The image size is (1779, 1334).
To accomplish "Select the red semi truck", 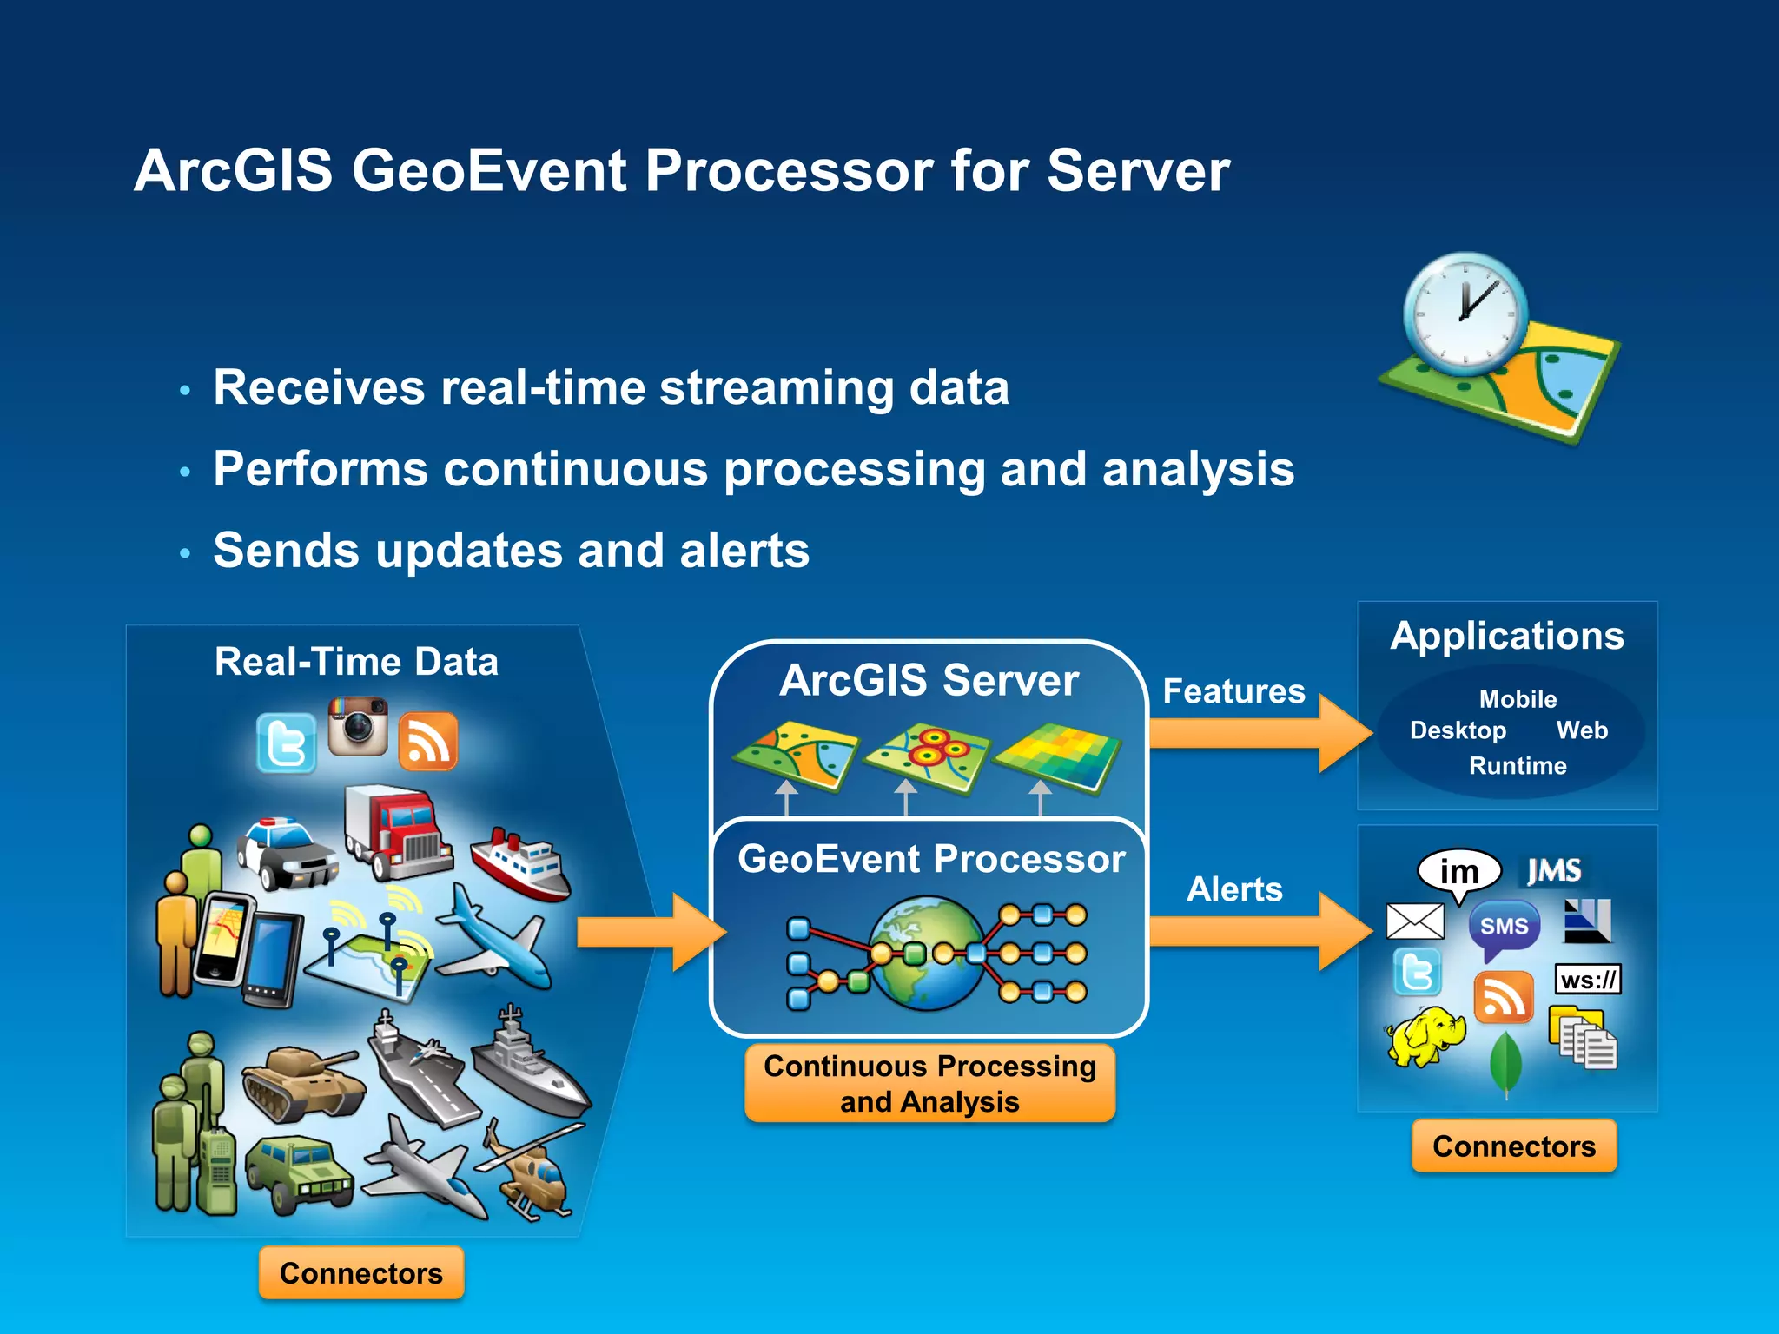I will tap(397, 831).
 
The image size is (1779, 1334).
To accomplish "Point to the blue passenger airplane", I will tap(495, 938).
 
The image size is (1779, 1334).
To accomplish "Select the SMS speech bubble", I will tap(1504, 928).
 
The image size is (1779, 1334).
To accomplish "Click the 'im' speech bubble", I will tap(1459, 871).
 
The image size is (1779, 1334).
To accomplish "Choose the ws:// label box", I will tap(1588, 981).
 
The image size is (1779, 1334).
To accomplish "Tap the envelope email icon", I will tap(1415, 921).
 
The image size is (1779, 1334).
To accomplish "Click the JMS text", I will tap(1554, 870).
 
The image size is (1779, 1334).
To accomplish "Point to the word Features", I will tap(1233, 691).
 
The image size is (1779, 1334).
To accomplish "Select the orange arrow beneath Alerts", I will tap(1260, 931).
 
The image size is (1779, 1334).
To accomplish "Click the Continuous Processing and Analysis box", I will tap(929, 1084).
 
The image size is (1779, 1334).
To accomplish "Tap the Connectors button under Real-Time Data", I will tap(361, 1273).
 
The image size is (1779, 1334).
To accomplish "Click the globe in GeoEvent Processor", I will tap(928, 954).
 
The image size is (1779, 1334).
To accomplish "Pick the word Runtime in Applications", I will tap(1518, 766).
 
